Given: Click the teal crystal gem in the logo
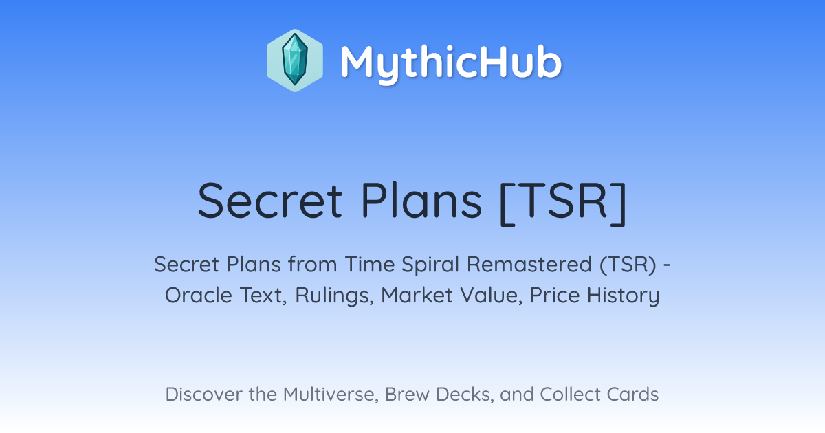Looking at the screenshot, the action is (295, 60).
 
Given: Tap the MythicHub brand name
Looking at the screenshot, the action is (451, 63).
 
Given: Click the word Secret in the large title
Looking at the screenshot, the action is (270, 201).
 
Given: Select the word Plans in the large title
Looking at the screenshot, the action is (421, 201).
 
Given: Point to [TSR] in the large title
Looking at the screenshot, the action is (563, 203).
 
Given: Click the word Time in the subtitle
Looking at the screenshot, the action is (370, 265).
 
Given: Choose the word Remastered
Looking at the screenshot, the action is (529, 265).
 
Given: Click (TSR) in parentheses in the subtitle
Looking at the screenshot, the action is (628, 265).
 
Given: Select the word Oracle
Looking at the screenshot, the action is (199, 296).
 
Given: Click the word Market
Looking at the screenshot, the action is (417, 296).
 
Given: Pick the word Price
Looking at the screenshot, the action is (555, 296).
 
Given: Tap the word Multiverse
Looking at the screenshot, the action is (331, 395).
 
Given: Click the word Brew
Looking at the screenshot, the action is (407, 395).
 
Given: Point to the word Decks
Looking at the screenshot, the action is (465, 395).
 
